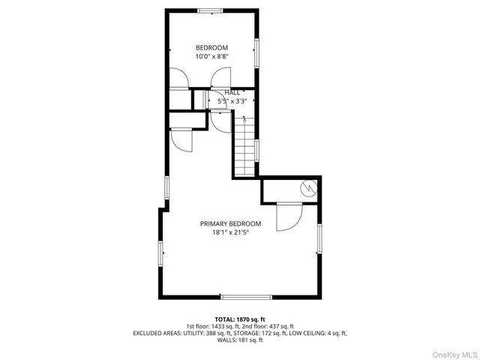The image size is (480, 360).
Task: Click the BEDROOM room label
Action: [x=211, y=48]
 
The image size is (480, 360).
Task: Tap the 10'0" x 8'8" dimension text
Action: [x=211, y=56]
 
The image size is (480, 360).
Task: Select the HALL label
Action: [x=232, y=92]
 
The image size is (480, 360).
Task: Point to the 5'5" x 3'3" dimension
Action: [x=232, y=100]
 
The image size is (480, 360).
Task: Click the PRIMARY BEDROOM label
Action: [x=230, y=223]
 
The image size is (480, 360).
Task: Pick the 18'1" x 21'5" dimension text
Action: [x=230, y=232]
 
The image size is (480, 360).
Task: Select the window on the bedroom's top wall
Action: [x=211, y=10]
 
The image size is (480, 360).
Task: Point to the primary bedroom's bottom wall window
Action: [x=241, y=296]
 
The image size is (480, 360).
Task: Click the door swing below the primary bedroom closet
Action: [x=289, y=217]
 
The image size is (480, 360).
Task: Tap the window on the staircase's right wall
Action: [x=256, y=150]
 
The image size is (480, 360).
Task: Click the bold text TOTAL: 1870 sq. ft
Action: [x=240, y=319]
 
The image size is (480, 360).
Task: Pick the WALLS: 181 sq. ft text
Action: [x=240, y=340]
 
